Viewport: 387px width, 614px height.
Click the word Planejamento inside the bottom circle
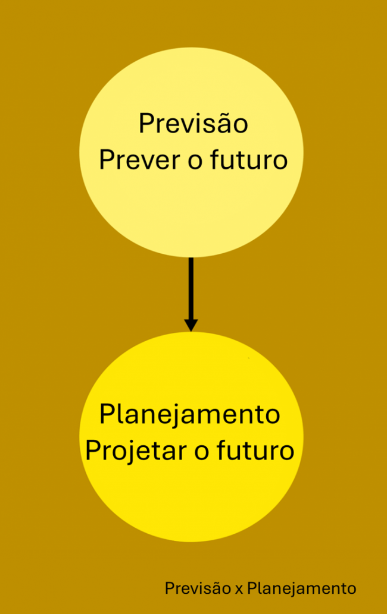[189, 415]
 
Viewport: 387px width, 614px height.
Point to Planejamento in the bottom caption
[301, 589]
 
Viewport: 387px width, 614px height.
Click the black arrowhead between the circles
[191, 325]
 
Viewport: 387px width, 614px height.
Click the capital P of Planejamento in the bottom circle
[106, 415]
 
